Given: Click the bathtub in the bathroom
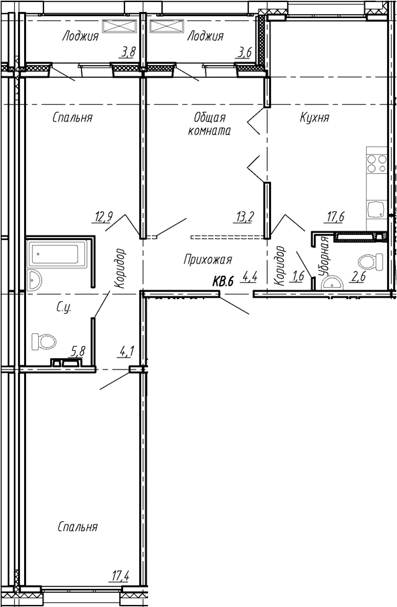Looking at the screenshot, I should point(56,255).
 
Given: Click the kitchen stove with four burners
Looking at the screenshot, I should point(376,164).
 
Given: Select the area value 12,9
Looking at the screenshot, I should point(103,216).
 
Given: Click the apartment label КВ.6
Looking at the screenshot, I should point(222,282).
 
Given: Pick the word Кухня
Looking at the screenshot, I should point(315,117).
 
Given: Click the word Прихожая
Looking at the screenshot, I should point(207,259).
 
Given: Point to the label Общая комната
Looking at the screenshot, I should point(211,124).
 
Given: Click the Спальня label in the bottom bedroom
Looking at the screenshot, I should point(77,527).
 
